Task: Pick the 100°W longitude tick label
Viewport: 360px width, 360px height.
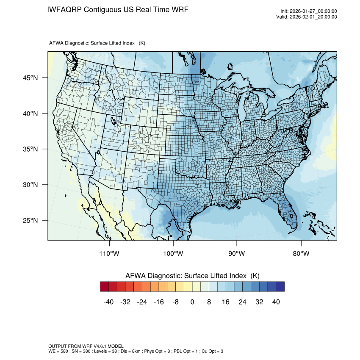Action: pos(173,254)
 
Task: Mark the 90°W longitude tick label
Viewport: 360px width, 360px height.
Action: pos(237,254)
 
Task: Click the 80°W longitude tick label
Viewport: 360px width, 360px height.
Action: pos(301,254)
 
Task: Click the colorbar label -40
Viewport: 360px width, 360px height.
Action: pos(108,302)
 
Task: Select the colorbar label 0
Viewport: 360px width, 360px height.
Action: pos(192,302)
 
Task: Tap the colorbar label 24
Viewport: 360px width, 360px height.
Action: pos(242,302)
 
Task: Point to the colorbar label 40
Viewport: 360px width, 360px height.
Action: pos(276,302)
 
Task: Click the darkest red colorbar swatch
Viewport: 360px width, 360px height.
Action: pos(105,287)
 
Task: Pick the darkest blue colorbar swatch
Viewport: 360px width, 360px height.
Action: pos(280,287)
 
